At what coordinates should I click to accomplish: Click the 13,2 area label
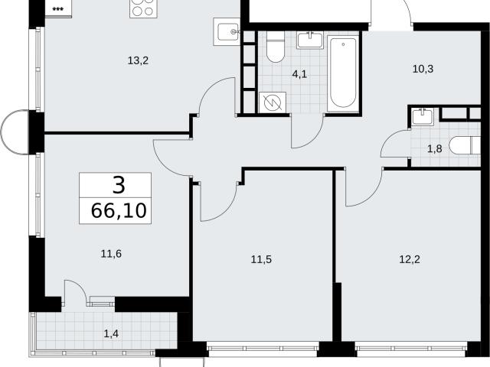138,60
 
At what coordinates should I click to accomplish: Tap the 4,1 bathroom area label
299,74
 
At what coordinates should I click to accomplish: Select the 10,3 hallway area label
423,69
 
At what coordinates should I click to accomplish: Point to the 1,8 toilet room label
434,149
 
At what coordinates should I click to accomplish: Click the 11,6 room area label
111,254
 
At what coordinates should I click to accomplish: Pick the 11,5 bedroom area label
261,259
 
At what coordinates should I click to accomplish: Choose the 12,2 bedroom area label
410,259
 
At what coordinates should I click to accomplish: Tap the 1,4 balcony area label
111,334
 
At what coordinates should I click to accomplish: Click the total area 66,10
119,211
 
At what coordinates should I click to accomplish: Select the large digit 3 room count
119,185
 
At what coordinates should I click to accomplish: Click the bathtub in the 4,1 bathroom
343,73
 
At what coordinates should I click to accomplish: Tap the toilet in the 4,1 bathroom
276,46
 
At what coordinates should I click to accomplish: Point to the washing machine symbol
273,102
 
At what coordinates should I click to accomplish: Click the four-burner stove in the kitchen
143,8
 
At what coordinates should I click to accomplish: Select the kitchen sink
227,31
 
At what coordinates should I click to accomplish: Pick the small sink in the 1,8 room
423,116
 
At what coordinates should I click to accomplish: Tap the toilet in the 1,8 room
465,145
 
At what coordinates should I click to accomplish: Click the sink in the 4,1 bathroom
309,41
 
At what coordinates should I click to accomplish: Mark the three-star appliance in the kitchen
58,8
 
